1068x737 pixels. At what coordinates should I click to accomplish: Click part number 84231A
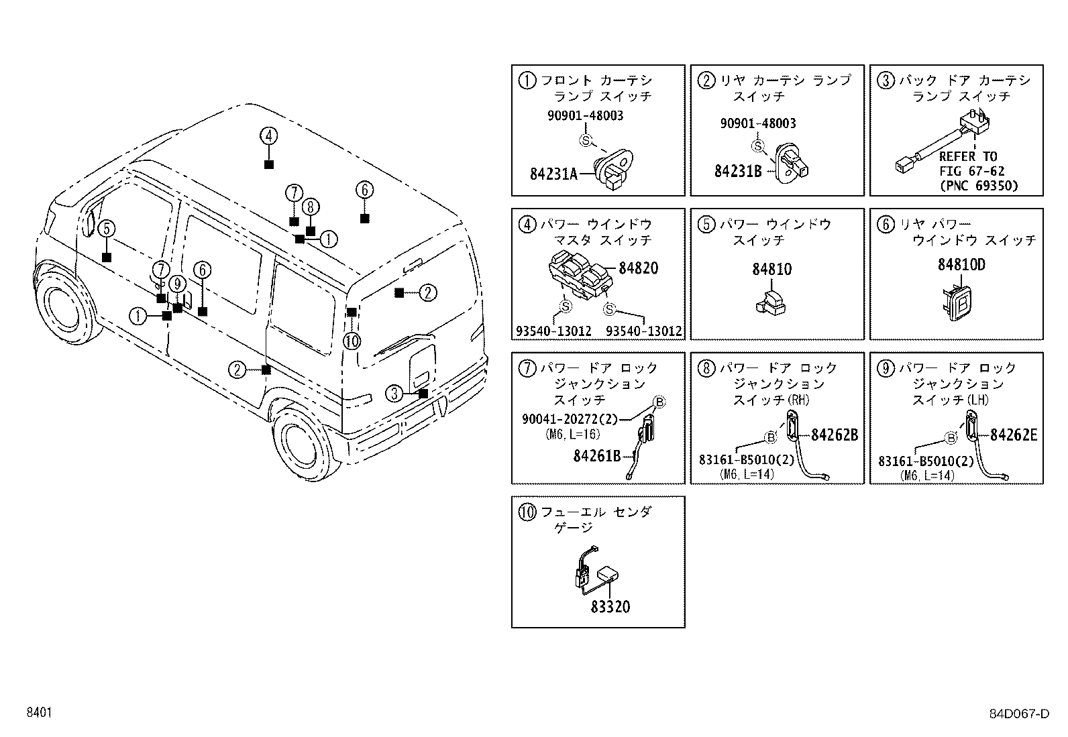553,174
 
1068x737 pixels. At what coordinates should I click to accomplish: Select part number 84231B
737,171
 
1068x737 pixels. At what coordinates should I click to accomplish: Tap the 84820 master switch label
638,268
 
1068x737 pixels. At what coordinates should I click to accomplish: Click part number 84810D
961,265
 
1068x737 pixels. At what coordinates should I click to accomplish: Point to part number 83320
610,607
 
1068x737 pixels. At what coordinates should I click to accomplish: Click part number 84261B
597,456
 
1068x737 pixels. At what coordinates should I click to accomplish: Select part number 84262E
1014,435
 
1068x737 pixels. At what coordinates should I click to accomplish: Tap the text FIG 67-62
971,172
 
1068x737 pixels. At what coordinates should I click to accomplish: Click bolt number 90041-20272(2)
570,419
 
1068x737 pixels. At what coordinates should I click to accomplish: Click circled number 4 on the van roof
268,136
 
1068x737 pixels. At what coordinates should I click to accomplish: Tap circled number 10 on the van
352,341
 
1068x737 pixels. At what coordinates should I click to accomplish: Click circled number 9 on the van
178,284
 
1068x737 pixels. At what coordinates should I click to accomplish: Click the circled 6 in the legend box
886,225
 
